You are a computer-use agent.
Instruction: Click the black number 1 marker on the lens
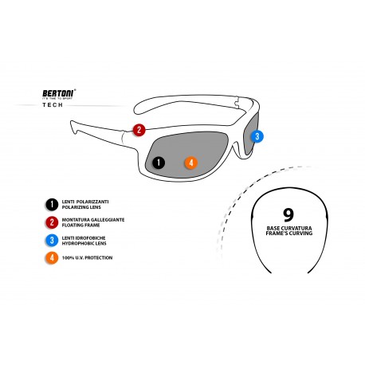(x=158, y=163)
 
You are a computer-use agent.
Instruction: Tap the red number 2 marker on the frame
(x=139, y=130)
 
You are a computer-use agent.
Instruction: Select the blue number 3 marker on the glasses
(x=256, y=136)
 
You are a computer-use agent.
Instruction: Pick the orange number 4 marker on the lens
(x=190, y=163)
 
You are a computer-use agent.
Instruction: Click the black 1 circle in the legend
(x=52, y=204)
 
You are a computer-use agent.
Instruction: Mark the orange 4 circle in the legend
(x=52, y=258)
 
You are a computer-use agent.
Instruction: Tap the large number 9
(x=288, y=214)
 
